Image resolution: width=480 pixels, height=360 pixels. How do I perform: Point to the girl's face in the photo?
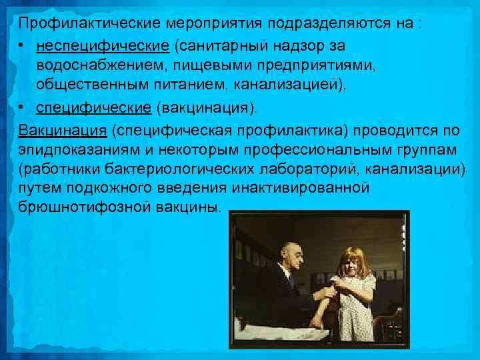(x=350, y=265)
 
